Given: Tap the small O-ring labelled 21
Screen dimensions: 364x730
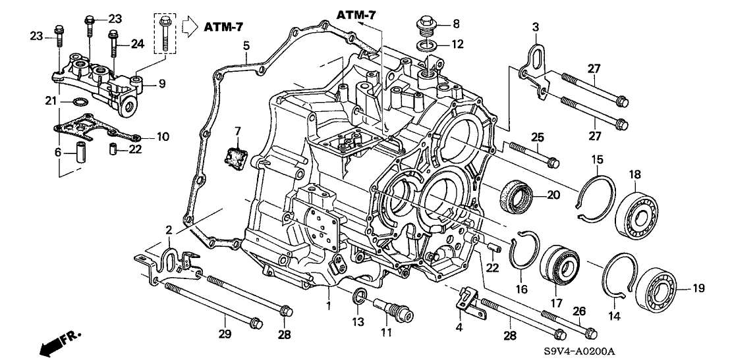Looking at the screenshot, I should coord(79,102).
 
